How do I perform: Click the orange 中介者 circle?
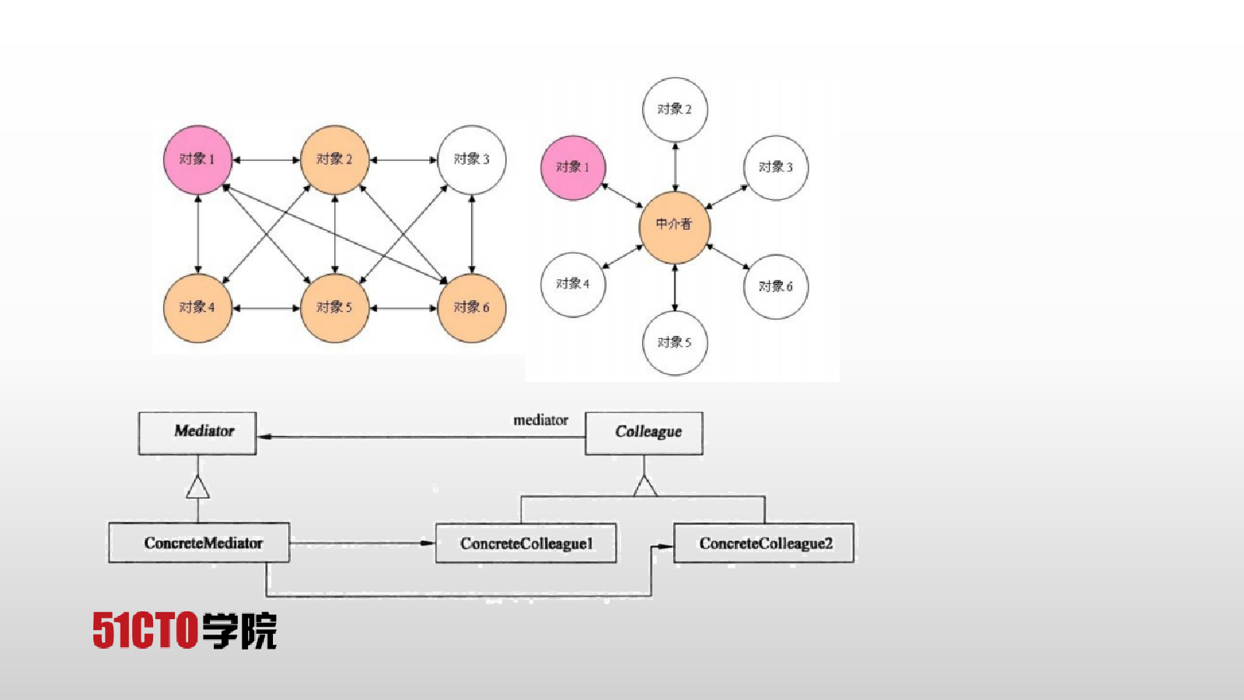675,228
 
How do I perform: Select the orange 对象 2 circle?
334,160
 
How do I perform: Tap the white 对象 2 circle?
675,110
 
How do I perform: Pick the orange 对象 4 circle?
197,308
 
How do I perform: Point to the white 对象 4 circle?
573,285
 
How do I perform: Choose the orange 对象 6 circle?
471,308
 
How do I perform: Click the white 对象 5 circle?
675,343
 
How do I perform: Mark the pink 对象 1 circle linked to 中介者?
573,168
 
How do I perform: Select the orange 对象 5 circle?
334,308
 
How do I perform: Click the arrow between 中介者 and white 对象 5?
675,287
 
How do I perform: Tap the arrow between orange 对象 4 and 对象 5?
266,308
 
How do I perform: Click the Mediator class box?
197,433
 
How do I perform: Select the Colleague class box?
644,433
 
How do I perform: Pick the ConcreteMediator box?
199,543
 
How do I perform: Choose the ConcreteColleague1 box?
526,544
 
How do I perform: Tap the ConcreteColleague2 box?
764,544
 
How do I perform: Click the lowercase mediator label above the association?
540,421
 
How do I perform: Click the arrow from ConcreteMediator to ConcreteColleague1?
362,543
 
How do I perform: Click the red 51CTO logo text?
145,630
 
